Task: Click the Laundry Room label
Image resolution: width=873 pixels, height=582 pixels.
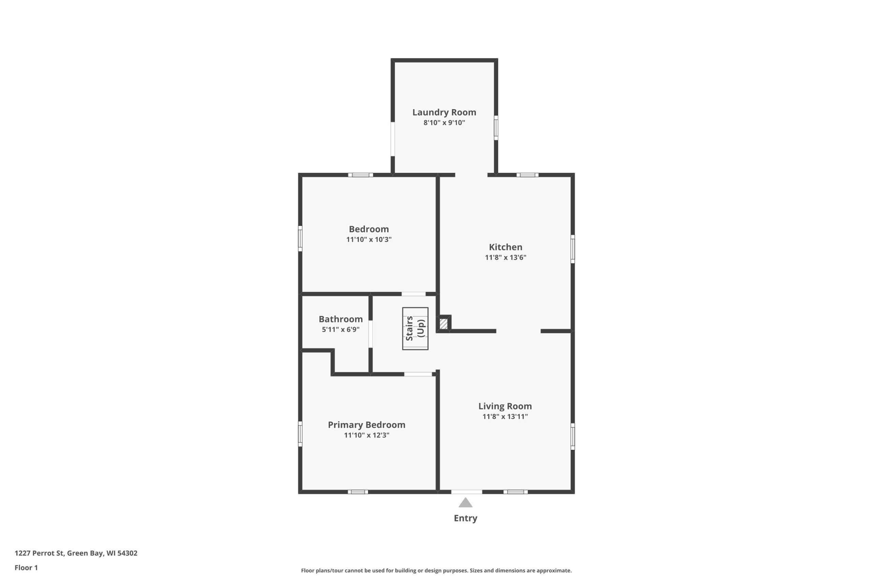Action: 444,112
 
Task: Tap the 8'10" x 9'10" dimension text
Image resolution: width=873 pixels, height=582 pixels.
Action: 444,122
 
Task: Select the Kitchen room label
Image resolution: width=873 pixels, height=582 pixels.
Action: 505,247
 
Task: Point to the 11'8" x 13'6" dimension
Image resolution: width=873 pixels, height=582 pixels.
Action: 505,257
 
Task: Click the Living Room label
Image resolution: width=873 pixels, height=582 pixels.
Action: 505,406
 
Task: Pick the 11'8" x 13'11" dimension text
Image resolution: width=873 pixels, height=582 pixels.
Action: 505,416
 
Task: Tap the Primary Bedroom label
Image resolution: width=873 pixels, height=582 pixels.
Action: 366,424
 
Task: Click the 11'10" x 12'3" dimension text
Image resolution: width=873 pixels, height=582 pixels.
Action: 366,435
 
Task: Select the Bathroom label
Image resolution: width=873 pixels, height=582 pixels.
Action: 340,319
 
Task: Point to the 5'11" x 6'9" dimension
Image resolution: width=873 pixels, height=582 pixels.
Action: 340,329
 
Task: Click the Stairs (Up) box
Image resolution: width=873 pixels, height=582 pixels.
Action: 415,328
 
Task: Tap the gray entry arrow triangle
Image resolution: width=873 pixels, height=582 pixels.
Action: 465,503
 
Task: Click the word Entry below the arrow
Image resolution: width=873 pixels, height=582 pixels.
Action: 465,518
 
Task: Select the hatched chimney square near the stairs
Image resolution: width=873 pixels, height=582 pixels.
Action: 443,324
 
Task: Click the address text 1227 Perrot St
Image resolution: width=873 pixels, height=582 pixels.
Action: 39,553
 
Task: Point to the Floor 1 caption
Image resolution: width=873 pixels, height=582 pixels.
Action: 26,568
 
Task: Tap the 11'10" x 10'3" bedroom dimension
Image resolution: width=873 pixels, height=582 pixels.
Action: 369,239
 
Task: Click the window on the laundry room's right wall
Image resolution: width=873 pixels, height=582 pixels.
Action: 496,128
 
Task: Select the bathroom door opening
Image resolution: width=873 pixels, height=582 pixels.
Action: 370,334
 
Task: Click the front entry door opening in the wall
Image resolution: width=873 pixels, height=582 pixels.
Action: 467,492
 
